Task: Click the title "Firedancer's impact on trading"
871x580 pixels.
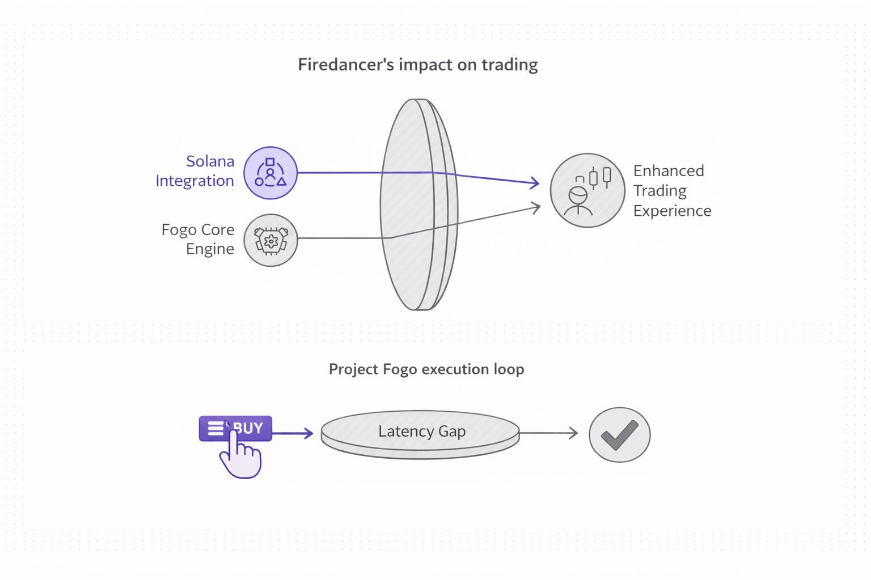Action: pyautogui.click(x=418, y=65)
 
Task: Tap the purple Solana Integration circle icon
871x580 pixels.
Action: pyautogui.click(x=270, y=173)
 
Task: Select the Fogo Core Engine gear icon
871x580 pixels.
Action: pyautogui.click(x=270, y=240)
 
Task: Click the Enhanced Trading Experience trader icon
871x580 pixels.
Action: pyautogui.click(x=587, y=190)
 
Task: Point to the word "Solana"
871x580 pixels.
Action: pyautogui.click(x=210, y=161)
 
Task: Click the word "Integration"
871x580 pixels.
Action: pyautogui.click(x=195, y=181)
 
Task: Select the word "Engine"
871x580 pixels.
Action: pyautogui.click(x=210, y=249)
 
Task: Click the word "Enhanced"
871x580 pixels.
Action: pyautogui.click(x=669, y=170)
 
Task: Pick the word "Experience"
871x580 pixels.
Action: pyautogui.click(x=672, y=211)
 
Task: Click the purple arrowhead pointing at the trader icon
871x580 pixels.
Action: pyautogui.click(x=535, y=182)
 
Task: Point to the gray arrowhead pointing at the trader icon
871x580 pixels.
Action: pyautogui.click(x=535, y=207)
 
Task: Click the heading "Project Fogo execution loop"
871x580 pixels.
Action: pyautogui.click(x=426, y=369)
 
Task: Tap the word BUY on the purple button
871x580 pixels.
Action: pyautogui.click(x=248, y=428)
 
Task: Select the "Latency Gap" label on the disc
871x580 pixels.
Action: pyautogui.click(x=422, y=431)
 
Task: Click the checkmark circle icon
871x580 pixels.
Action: pyautogui.click(x=619, y=434)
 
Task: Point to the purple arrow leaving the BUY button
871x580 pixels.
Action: pyautogui.click(x=293, y=433)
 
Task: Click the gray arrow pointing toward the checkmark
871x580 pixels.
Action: pyautogui.click(x=549, y=433)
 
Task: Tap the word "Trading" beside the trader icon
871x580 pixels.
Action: pyautogui.click(x=659, y=190)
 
